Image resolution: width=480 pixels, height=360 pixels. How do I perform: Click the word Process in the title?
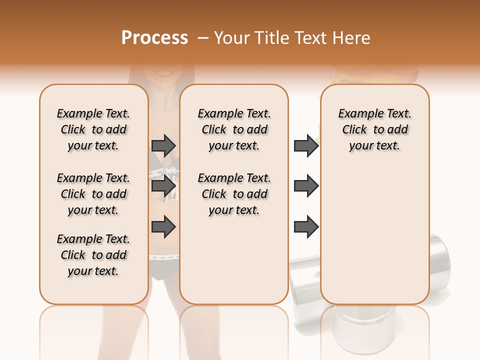[x=154, y=38]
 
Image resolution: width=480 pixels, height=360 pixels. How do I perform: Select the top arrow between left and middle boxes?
[x=163, y=146]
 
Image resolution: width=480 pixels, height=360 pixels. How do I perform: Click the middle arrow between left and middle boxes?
[x=163, y=186]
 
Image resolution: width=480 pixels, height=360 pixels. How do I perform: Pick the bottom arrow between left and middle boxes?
[x=163, y=227]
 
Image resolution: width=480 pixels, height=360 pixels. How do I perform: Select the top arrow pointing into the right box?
[x=306, y=146]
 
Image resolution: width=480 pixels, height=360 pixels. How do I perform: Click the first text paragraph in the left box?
[x=93, y=129]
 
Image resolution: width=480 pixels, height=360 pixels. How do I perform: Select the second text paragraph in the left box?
[x=93, y=194]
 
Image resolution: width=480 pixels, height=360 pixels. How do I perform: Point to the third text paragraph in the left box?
[x=93, y=255]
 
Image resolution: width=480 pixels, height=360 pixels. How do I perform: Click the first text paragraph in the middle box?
[x=234, y=129]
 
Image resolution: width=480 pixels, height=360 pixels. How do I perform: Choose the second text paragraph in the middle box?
[x=234, y=194]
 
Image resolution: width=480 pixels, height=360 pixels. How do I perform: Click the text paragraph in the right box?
[x=374, y=129]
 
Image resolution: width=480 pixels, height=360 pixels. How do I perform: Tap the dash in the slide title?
[x=203, y=38]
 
